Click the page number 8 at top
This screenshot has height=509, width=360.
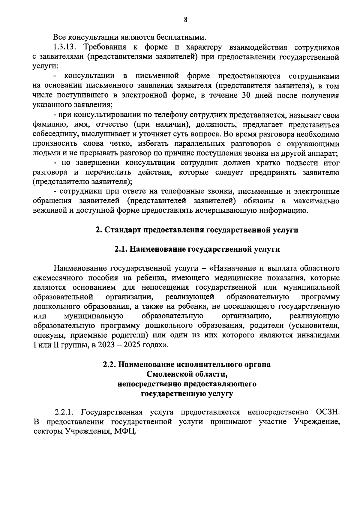pyautogui.click(x=185, y=20)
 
